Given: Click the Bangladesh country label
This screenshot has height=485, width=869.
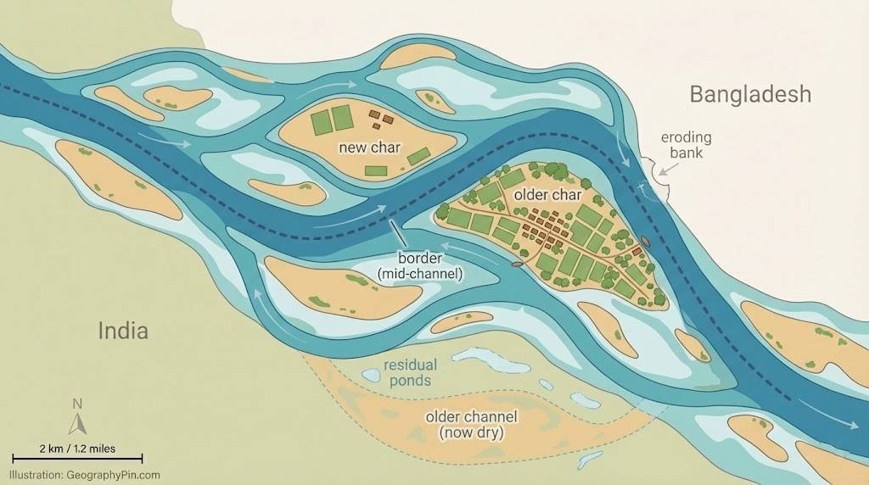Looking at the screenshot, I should pos(750,93).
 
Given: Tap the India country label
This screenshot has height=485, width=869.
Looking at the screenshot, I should pos(122,330).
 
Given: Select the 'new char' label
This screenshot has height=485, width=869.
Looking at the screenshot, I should pos(369,148).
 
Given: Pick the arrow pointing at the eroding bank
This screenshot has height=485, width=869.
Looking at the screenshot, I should pos(667,170).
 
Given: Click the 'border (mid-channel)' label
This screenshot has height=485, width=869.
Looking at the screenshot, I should pos(419,265).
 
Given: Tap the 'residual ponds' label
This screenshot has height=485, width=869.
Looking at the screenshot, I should pos(410,373).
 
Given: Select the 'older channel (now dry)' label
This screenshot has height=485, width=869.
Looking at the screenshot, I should pos(471,425).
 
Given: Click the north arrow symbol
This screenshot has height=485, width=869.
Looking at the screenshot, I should pos(77,421).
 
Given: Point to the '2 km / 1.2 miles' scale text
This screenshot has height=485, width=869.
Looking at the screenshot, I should pos(77,448).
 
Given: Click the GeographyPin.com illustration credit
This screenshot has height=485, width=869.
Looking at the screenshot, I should pos(85,476).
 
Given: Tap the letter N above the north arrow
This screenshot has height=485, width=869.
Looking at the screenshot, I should pos(77,403).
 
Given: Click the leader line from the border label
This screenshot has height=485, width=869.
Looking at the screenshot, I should pos(395,233).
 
